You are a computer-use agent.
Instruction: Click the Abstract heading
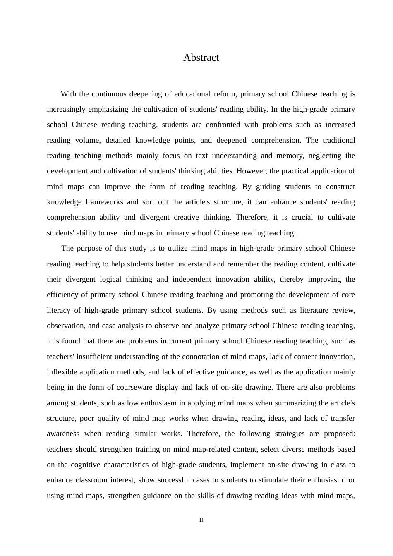pos(201,58)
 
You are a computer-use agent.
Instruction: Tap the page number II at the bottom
pos(201,520)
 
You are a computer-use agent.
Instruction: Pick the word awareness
pos(63,434)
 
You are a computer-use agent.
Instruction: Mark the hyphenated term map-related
pos(194,449)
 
